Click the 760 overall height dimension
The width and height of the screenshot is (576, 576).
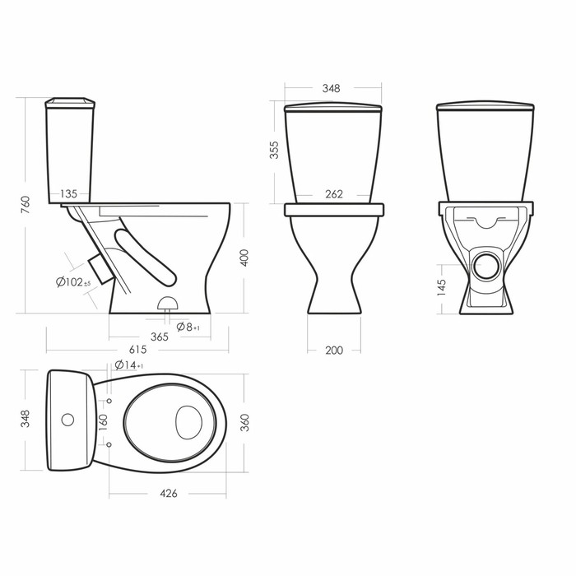coord(25,206)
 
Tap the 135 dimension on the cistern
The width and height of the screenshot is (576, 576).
coord(68,193)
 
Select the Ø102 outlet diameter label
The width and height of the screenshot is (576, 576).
coord(73,282)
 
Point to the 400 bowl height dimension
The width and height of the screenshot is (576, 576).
coord(244,258)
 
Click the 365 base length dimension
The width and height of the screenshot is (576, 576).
coord(160,337)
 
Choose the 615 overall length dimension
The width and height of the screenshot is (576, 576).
coord(138,350)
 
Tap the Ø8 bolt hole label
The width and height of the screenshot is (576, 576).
coord(188,327)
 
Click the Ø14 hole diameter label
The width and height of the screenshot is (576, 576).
coord(129,365)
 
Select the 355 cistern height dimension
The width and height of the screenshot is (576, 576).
coord(274,150)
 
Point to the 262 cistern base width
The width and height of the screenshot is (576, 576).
coord(334,193)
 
